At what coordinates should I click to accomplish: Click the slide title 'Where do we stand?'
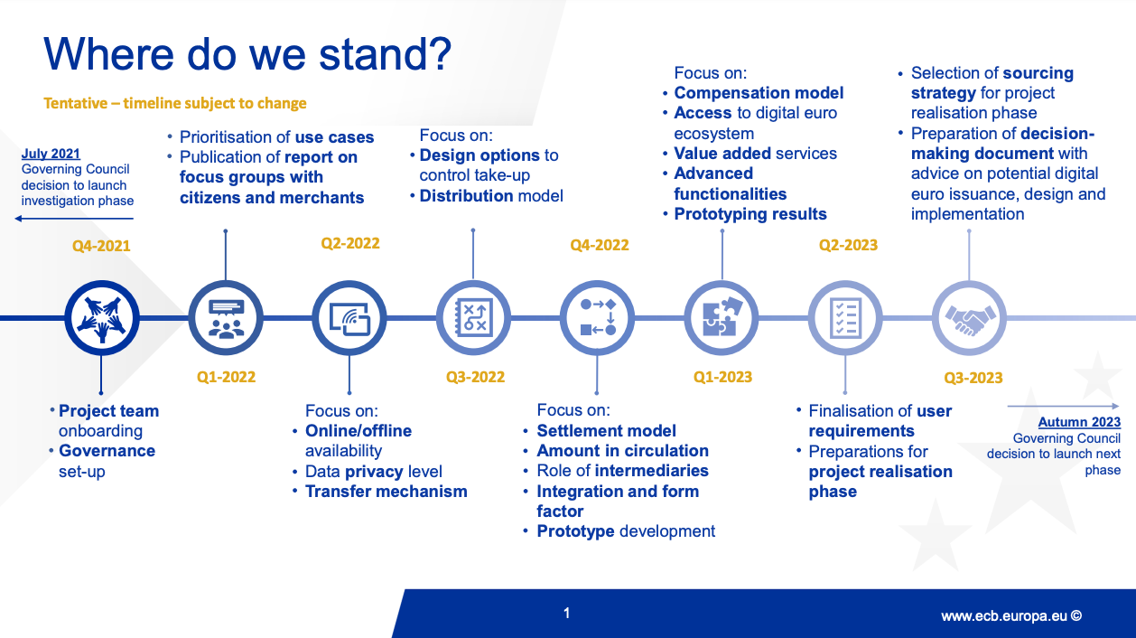point(247,54)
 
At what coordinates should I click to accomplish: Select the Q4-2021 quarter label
point(102,245)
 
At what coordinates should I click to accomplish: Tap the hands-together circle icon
point(102,317)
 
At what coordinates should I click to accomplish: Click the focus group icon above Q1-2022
point(226,317)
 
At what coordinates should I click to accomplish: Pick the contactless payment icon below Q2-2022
point(349,317)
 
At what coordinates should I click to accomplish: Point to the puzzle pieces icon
point(722,317)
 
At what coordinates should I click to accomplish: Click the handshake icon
point(969,317)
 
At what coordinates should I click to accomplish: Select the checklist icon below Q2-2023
point(845,317)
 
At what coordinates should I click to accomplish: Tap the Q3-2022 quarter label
point(475,377)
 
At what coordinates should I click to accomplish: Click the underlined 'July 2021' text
point(51,155)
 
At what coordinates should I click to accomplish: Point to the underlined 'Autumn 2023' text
point(1079,422)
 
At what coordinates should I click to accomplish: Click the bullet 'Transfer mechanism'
point(386,492)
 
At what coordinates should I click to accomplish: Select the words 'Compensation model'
point(759,93)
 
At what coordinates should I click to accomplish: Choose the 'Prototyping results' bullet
point(750,214)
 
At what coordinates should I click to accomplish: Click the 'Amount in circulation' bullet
point(622,451)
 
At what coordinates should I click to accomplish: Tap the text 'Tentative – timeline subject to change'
point(175,103)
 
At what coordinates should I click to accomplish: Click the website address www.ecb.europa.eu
point(1010,615)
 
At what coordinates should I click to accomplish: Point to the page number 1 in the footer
point(566,614)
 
